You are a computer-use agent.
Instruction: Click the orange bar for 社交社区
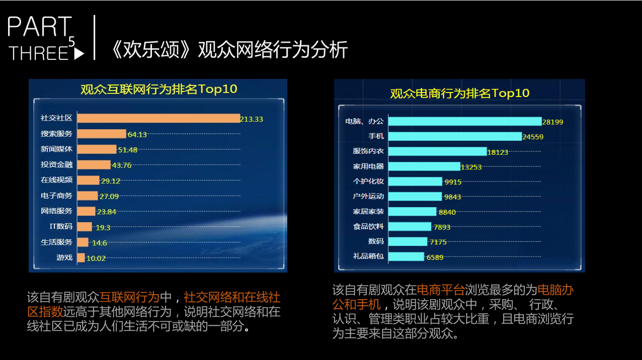click(158, 118)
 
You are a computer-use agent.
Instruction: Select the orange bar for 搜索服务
click(102, 134)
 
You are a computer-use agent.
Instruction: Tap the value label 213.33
click(252, 119)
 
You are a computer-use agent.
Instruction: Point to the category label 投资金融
click(56, 165)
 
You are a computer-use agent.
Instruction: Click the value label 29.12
click(111, 181)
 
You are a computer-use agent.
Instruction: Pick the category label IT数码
click(61, 227)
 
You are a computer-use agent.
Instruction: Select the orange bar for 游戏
click(81, 258)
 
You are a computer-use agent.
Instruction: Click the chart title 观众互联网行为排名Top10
click(158, 89)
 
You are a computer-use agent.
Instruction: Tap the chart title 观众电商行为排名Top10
click(459, 93)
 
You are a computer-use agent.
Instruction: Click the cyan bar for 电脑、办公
click(464, 121)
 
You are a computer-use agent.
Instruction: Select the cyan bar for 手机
click(455, 136)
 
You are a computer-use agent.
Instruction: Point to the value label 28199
click(552, 122)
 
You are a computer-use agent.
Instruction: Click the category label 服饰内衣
click(368, 151)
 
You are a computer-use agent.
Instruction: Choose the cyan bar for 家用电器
click(424, 166)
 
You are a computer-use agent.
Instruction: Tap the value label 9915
click(452, 182)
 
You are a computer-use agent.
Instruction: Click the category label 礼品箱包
click(368, 256)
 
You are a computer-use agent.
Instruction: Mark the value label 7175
click(438, 242)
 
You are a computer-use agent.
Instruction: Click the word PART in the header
click(40, 27)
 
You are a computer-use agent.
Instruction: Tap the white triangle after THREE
click(79, 54)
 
